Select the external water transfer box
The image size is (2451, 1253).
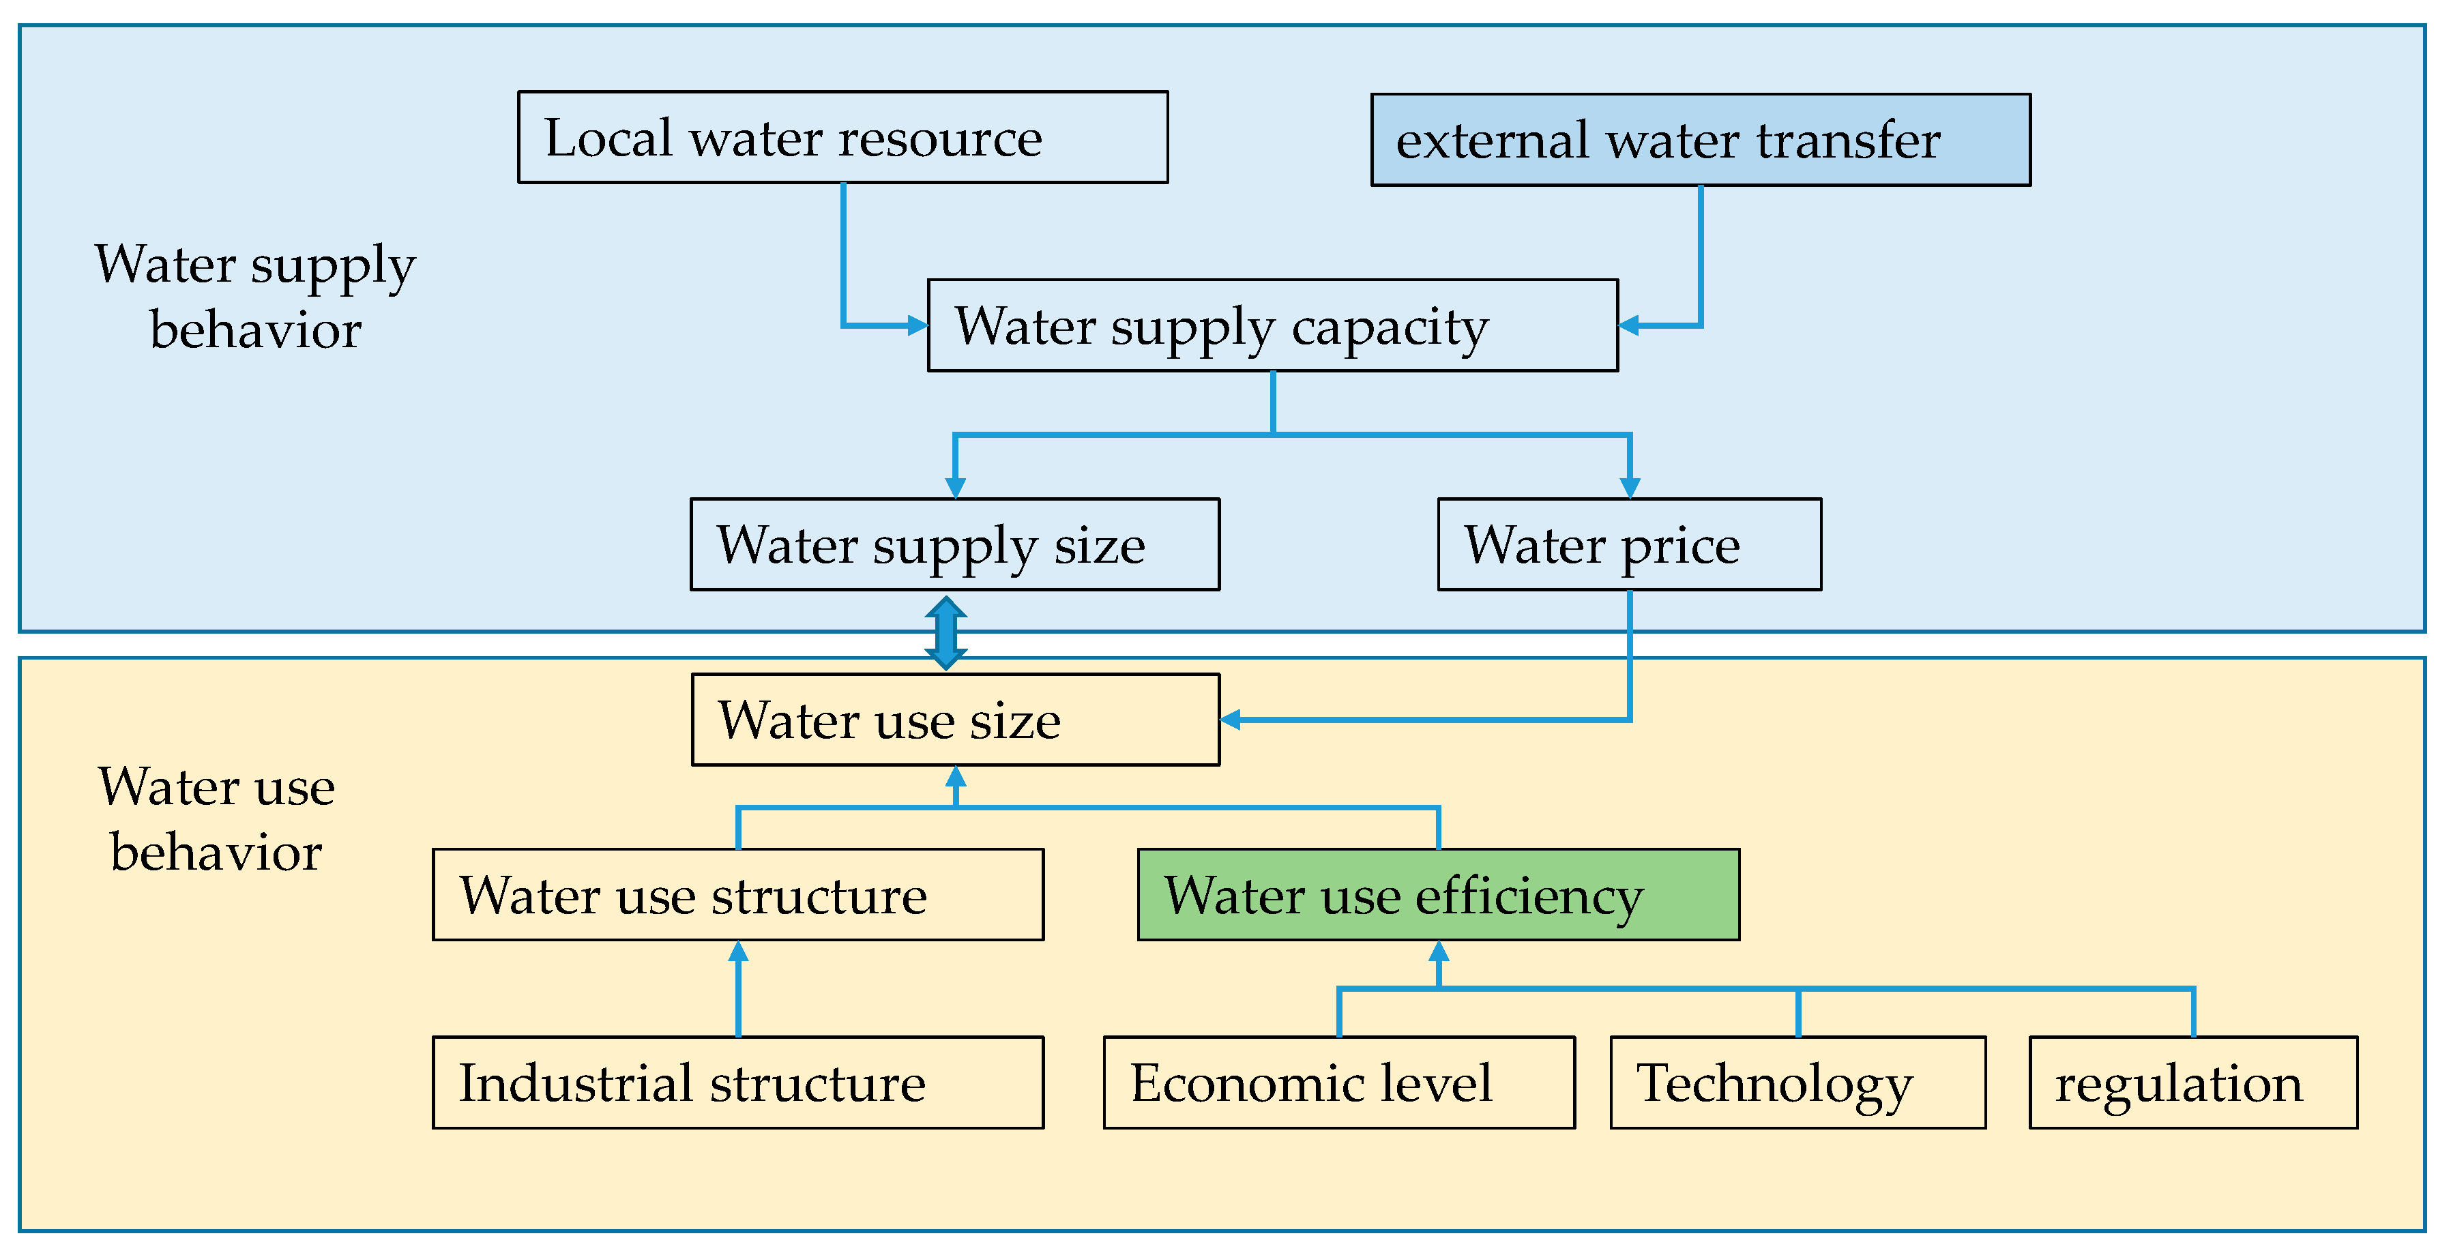1701,140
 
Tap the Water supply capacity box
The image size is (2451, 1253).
1272,325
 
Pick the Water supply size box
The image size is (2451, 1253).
954,544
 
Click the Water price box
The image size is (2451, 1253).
1629,544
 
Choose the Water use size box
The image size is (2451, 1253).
955,719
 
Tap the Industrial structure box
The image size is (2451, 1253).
737,1082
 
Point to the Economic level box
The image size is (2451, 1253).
1338,1082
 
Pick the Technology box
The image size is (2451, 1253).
1797,1082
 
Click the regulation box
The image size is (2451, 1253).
2192,1082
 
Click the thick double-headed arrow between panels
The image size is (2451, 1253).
945,633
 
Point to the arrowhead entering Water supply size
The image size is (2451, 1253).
955,487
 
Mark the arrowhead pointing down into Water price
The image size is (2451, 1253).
1630,487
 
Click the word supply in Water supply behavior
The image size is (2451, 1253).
333,267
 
